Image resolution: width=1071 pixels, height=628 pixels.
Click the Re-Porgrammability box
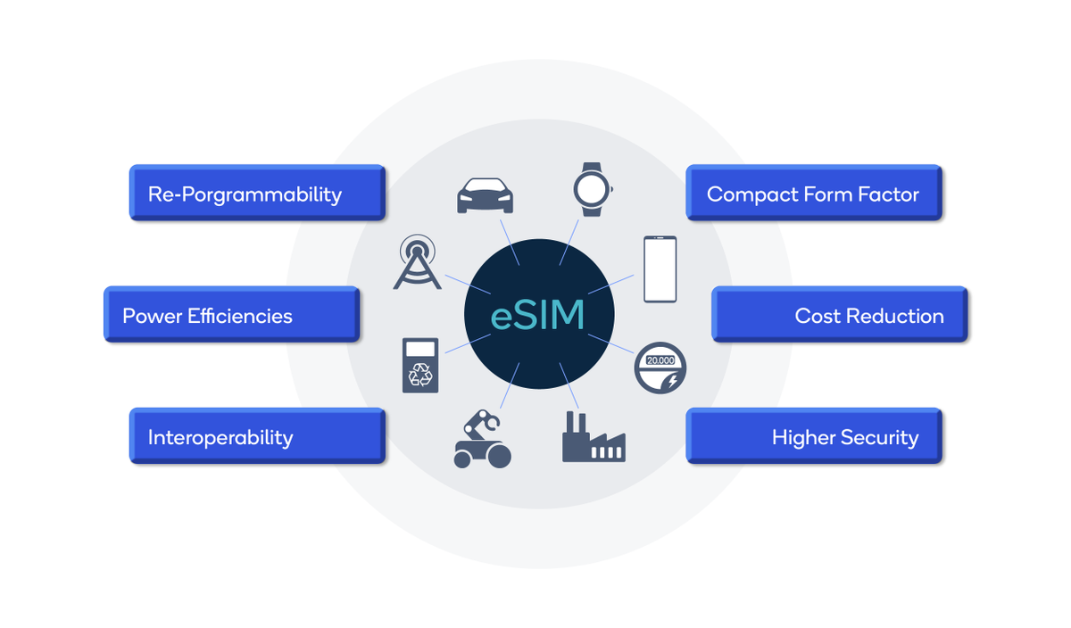coord(257,193)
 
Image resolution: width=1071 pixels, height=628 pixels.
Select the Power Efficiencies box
coord(232,314)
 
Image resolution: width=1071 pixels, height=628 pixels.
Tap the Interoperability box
coord(257,436)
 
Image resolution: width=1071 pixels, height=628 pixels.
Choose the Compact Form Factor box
coord(813,193)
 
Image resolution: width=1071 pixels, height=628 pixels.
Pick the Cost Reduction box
coord(839,314)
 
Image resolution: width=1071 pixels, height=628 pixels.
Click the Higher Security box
coord(813,436)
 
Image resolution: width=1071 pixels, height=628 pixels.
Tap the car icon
coord(485,195)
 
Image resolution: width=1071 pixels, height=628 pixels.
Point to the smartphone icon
coord(660,269)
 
